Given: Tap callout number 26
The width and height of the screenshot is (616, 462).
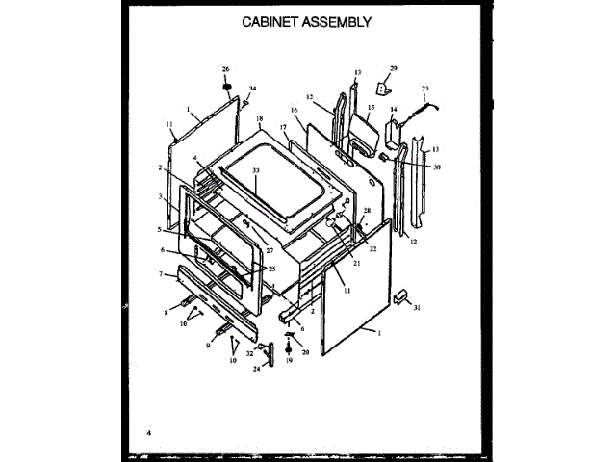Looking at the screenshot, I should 226,69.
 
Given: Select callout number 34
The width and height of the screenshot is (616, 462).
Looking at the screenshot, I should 253,90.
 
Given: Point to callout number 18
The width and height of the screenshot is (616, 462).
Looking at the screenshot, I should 259,118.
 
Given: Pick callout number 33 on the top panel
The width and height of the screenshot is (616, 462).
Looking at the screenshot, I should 256,171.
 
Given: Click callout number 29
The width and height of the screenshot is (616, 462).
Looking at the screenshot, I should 393,68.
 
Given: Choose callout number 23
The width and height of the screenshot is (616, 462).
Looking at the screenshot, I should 424,89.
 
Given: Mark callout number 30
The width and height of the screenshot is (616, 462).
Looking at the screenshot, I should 436,167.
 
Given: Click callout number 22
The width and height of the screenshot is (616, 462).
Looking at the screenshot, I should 372,248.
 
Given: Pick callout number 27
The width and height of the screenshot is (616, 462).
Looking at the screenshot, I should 257,250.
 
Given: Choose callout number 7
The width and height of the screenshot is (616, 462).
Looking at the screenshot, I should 161,274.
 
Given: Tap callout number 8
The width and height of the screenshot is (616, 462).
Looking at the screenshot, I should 166,312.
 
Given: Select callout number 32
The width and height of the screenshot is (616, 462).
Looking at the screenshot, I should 250,354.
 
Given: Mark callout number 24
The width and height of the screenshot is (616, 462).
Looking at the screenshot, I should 255,368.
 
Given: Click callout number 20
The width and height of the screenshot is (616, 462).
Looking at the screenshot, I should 305,352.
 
